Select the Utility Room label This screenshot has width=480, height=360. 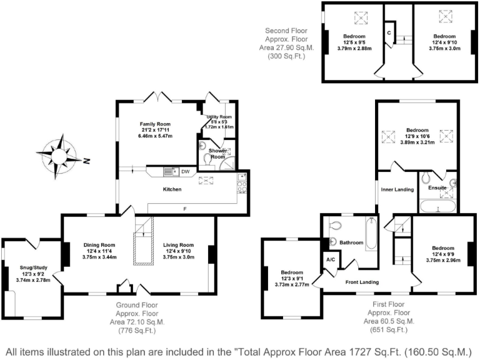pos(219,117)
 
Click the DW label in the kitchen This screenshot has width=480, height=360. pos(186,171)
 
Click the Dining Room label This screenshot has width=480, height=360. pos(99,244)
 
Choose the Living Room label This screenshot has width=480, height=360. pos(178,244)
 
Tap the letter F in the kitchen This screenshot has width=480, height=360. pos(184,207)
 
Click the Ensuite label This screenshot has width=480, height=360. pos(437,187)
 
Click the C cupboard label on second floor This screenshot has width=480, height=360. pos(389,32)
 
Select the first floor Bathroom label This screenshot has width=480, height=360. pos(351,242)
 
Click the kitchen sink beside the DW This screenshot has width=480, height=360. pos(169,171)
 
